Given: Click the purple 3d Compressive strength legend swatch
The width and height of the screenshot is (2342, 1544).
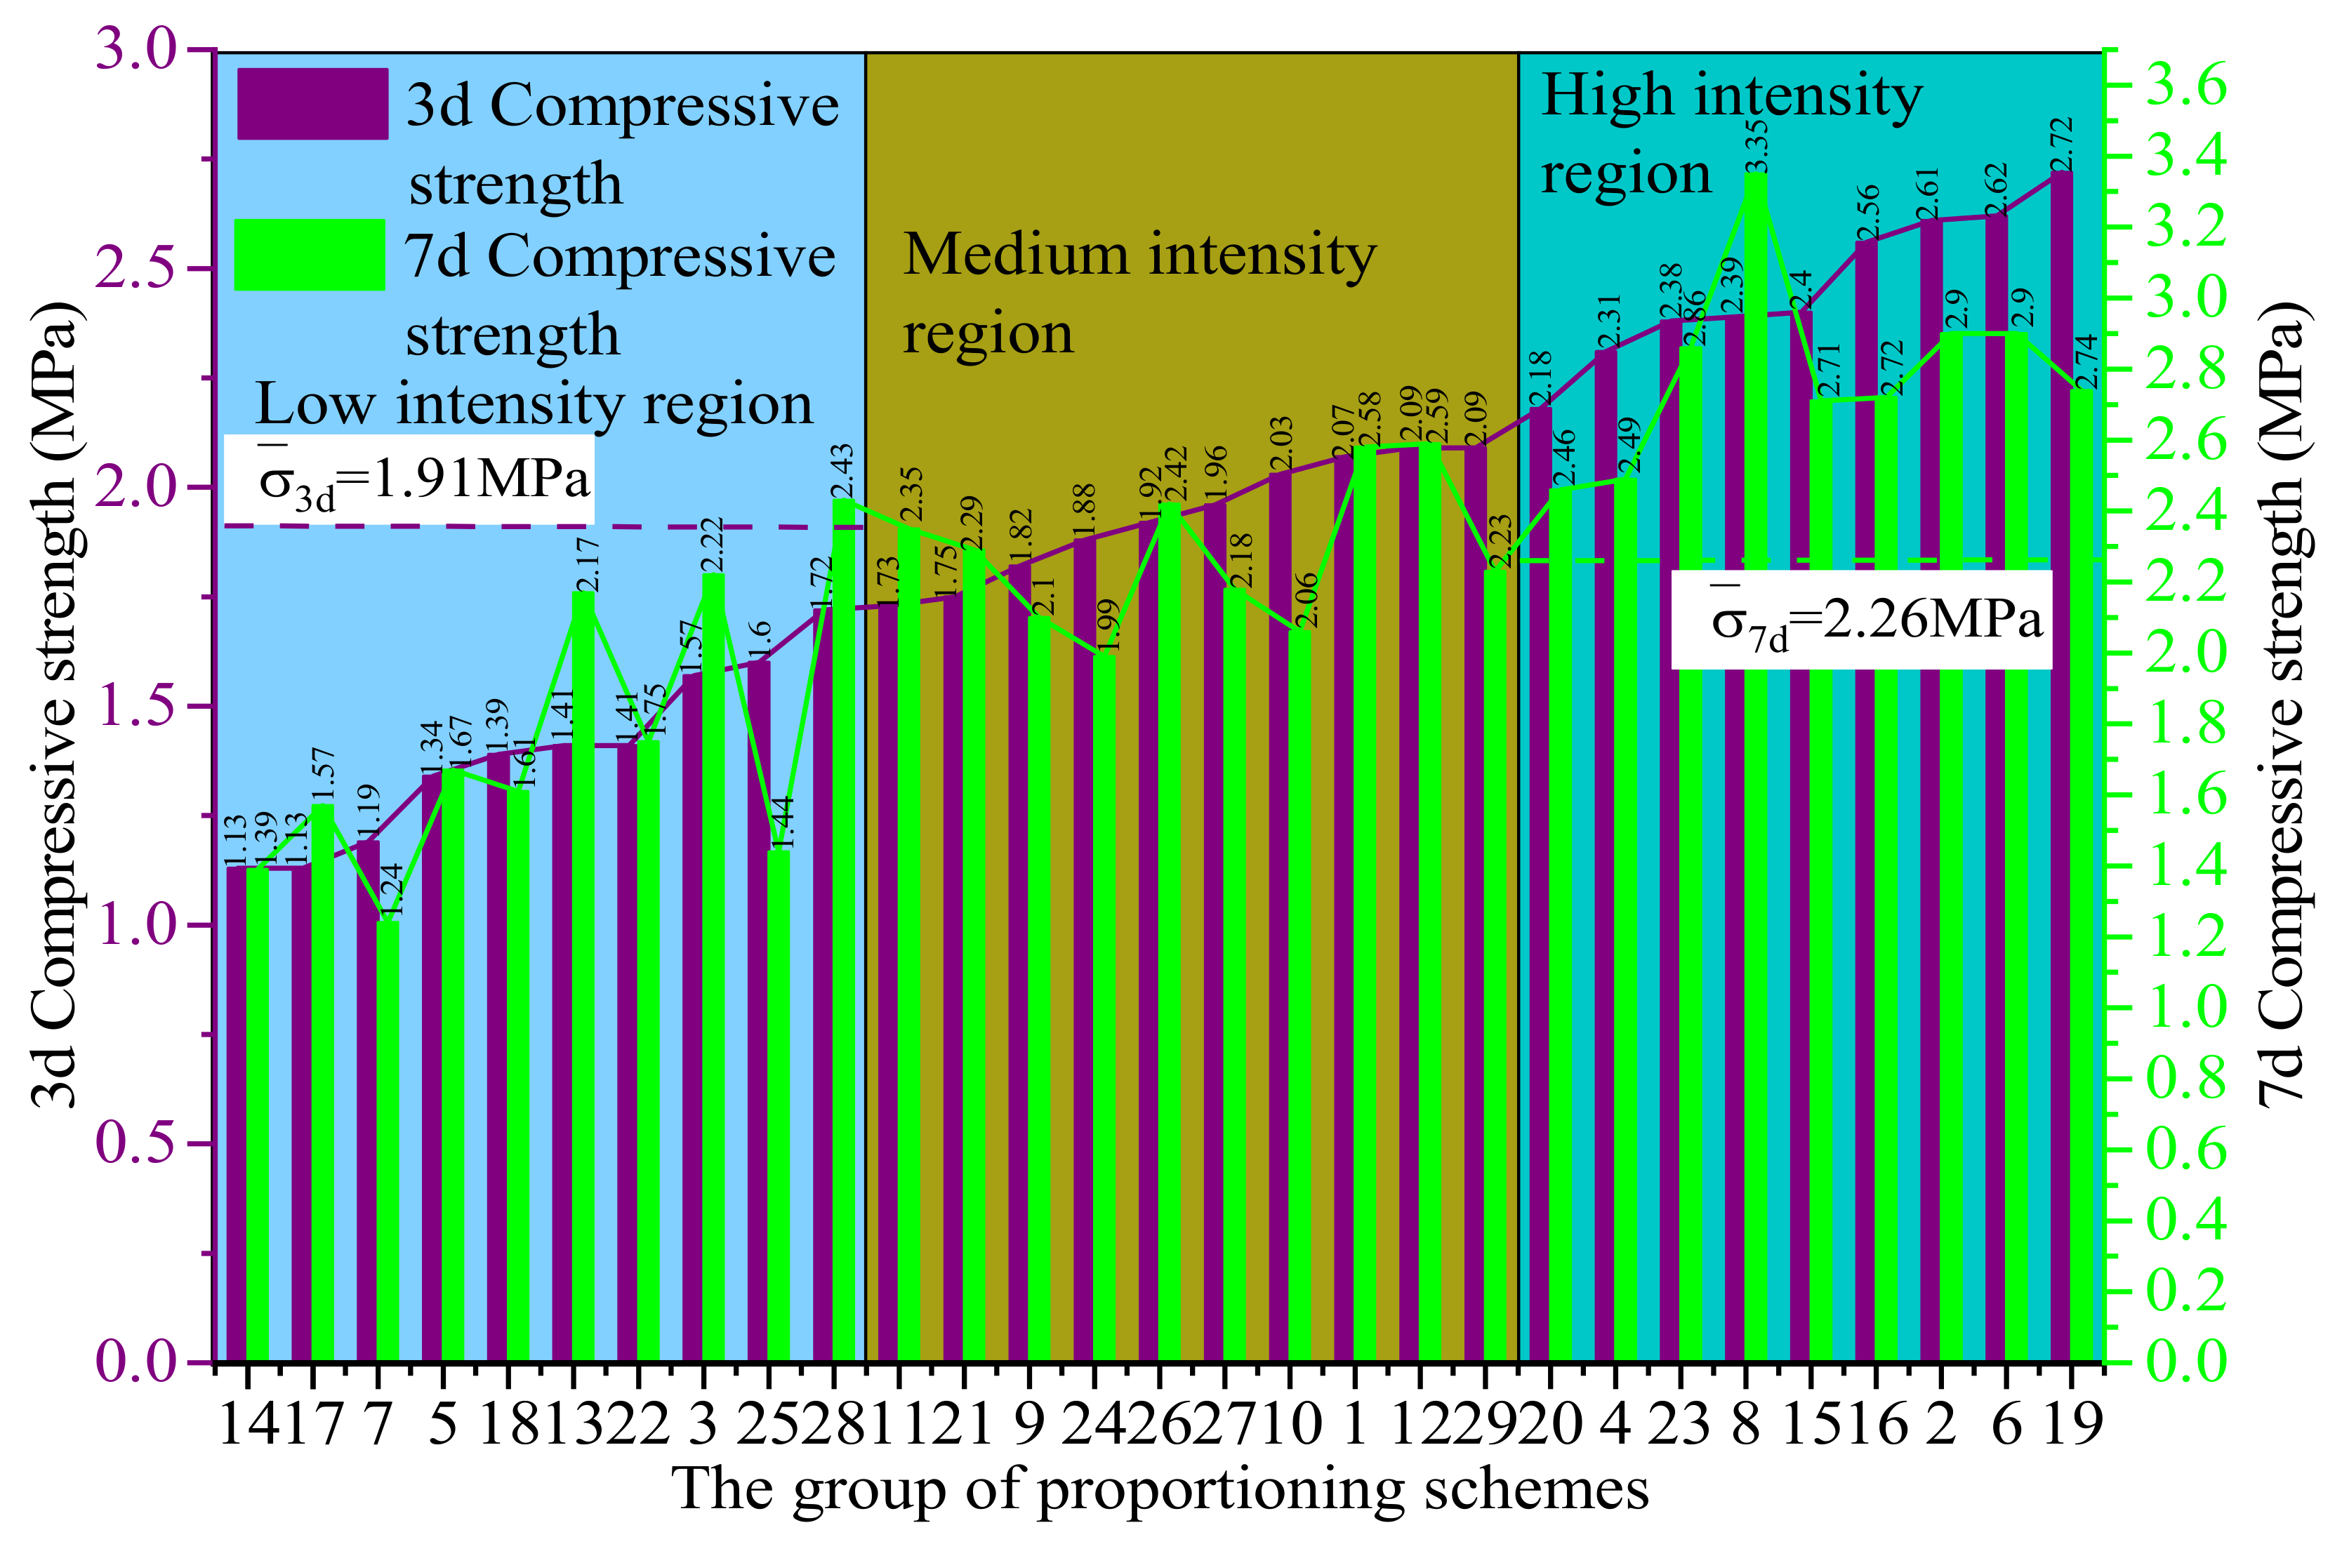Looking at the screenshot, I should coord(312,103).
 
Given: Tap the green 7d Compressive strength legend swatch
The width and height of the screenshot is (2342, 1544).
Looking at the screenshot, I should coord(309,255).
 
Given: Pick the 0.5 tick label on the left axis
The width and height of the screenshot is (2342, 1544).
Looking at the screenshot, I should coord(138,1143).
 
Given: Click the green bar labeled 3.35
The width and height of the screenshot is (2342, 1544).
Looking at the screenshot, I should coord(1756,768).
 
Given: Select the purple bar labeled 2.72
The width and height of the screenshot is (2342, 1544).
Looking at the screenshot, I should coord(2061,768).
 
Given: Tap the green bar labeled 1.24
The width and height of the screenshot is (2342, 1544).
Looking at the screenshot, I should coord(388,1143).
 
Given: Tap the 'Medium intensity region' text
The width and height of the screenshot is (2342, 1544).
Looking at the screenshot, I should coord(1139,293).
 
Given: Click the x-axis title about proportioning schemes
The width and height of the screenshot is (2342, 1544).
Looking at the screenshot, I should coord(1160,1489).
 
